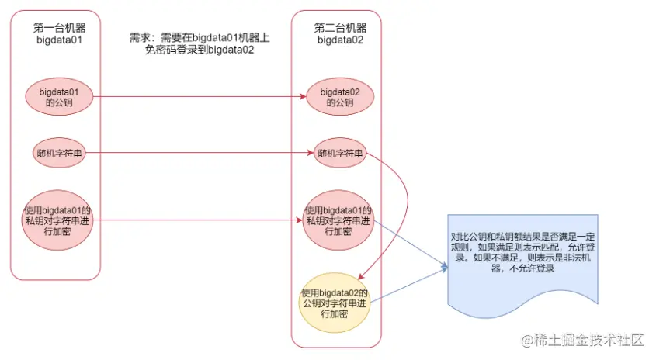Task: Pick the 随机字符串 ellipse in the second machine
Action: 339,153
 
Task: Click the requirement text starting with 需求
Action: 200,44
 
